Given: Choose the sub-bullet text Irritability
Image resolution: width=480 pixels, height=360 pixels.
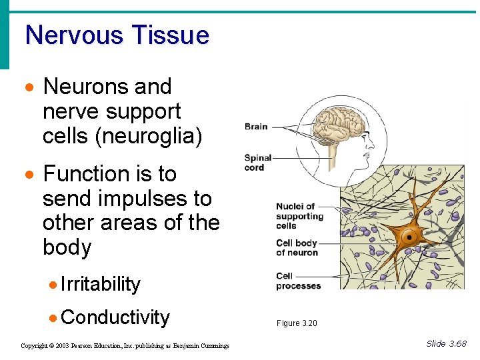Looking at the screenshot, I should tap(101, 284).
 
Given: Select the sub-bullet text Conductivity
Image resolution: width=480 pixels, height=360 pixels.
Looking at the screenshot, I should tap(115, 317).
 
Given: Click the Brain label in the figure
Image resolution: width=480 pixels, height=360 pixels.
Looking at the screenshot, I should tap(256, 126).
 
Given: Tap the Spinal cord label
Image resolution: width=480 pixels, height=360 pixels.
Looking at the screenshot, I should tap(258, 162).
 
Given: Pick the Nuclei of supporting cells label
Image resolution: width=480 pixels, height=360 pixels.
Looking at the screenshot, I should tap(299, 216).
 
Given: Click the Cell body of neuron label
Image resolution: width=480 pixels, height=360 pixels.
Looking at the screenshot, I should tap(297, 247).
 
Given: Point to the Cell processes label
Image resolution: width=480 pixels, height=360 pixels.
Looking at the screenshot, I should tap(298, 281).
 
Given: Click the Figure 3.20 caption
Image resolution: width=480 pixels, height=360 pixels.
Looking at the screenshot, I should tap(297, 323).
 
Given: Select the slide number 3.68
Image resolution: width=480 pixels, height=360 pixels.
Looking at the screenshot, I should tap(457, 344).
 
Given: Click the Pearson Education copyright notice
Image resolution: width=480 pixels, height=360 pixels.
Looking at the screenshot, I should tap(125, 345).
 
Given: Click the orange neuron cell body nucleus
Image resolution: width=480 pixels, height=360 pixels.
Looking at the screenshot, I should tap(407, 235).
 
